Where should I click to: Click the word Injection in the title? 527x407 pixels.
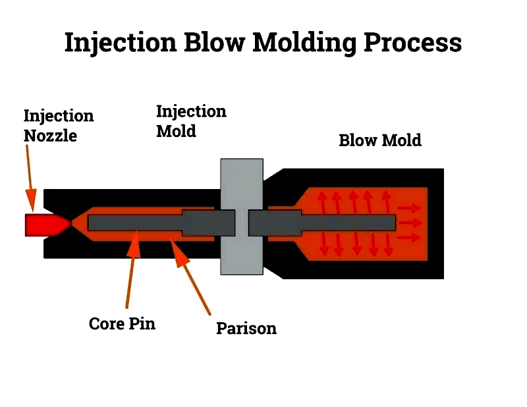(121, 43)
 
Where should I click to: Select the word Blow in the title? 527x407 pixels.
(215, 42)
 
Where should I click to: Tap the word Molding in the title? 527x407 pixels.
(304, 43)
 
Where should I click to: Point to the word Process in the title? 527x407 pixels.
(412, 42)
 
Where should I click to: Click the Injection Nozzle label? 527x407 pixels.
(59, 126)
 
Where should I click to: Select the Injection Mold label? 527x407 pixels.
(191, 121)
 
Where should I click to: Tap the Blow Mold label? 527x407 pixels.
(380, 140)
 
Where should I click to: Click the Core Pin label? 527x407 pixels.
(122, 323)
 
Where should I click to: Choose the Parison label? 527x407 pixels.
(246, 328)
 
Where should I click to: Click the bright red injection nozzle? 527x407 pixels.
(47, 225)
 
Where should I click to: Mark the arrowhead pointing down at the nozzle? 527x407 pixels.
(31, 201)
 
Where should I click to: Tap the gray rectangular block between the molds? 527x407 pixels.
(242, 217)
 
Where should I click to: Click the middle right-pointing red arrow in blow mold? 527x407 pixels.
(410, 223)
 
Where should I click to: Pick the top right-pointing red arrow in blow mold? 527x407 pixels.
(409, 208)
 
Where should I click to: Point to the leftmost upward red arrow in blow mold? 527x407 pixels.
(322, 202)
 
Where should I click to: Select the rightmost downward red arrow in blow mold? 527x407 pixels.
(388, 245)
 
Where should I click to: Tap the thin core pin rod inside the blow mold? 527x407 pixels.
(348, 223)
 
